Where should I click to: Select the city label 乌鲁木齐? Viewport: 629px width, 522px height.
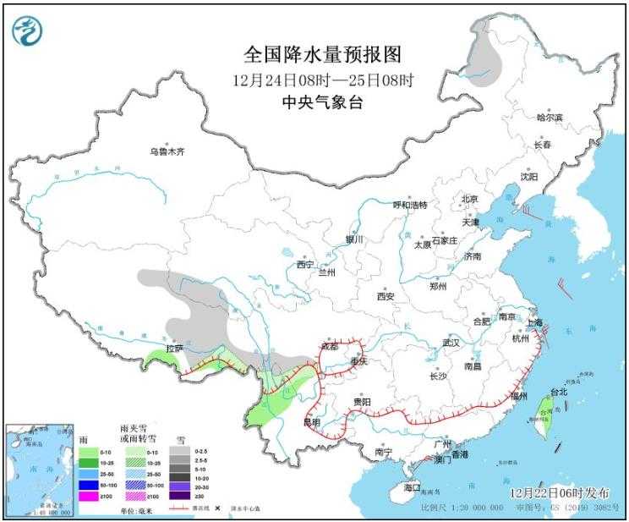point(167,152)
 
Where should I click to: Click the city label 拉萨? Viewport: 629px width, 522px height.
point(174,348)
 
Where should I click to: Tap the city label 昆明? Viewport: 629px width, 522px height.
point(311,421)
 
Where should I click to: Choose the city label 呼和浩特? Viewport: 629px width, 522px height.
point(410,205)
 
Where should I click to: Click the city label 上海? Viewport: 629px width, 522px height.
point(533,322)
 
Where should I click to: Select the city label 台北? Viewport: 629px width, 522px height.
point(559,393)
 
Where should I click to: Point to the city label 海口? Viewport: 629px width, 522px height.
point(412,488)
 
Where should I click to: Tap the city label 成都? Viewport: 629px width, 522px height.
point(328,347)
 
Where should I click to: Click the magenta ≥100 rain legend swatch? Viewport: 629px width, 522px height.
point(89,497)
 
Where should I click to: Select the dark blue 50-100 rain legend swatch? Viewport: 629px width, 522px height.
point(89,485)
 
